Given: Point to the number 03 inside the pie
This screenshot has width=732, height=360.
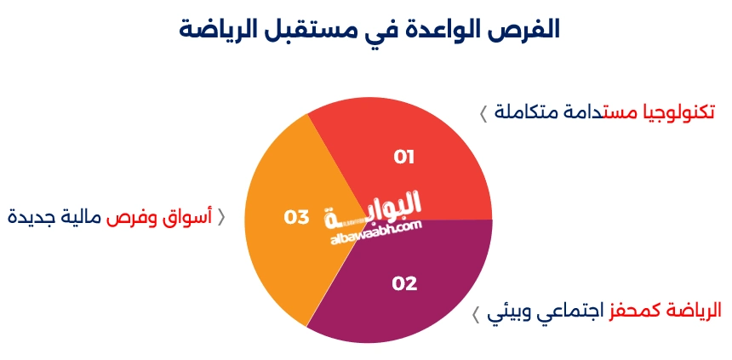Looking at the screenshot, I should [x=296, y=218].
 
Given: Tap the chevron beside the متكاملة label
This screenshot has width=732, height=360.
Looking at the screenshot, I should [x=483, y=113].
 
